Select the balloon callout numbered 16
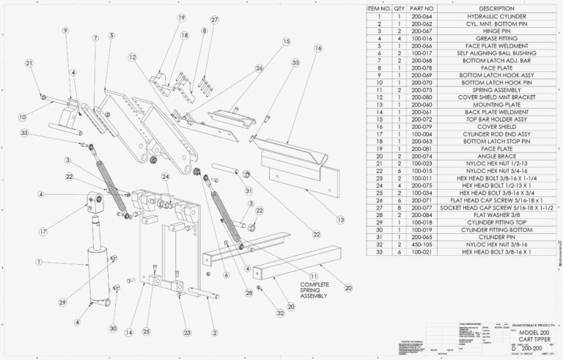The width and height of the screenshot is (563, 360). (318, 48)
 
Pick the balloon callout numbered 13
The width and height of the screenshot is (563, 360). (340, 219)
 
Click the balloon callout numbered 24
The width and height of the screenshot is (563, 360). (166, 177)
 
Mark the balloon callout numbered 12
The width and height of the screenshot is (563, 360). (132, 56)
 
